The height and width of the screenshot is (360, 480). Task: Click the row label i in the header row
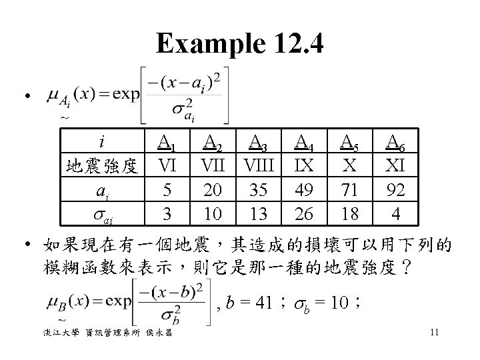(101, 141)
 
